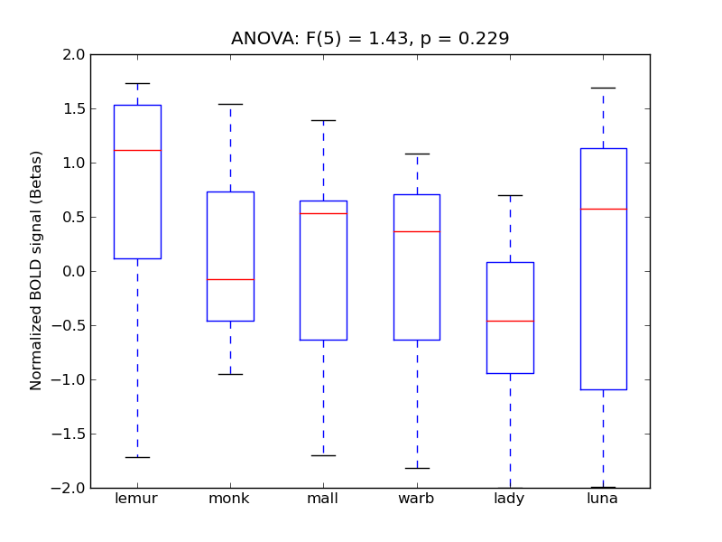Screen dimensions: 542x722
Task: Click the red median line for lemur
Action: pos(137,150)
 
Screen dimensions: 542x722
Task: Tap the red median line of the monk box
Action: pos(230,279)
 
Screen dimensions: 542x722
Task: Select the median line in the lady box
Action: pos(510,321)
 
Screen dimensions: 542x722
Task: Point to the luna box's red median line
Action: pos(603,209)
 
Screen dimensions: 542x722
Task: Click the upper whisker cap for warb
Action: pos(417,154)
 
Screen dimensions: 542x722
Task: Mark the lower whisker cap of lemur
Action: pos(137,457)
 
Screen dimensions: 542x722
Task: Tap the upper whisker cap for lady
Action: pos(510,195)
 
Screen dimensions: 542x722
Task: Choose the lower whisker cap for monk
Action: pos(230,374)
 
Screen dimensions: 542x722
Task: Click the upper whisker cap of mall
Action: pos(323,120)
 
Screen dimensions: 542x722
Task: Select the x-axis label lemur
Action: pos(137,499)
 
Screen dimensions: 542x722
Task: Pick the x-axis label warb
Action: pos(417,499)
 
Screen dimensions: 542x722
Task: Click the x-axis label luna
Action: pos(603,499)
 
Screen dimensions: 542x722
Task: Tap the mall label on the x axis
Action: pos(323,499)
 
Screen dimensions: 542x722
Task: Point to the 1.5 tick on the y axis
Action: pos(75,108)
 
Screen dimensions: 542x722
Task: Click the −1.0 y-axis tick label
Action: pos(71,379)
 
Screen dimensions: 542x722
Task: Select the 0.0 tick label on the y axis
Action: pos(75,271)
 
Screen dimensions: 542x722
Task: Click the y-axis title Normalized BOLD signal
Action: pos(36,271)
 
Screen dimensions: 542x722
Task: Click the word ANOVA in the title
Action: pos(258,39)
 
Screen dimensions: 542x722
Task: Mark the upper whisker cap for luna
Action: pos(603,88)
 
